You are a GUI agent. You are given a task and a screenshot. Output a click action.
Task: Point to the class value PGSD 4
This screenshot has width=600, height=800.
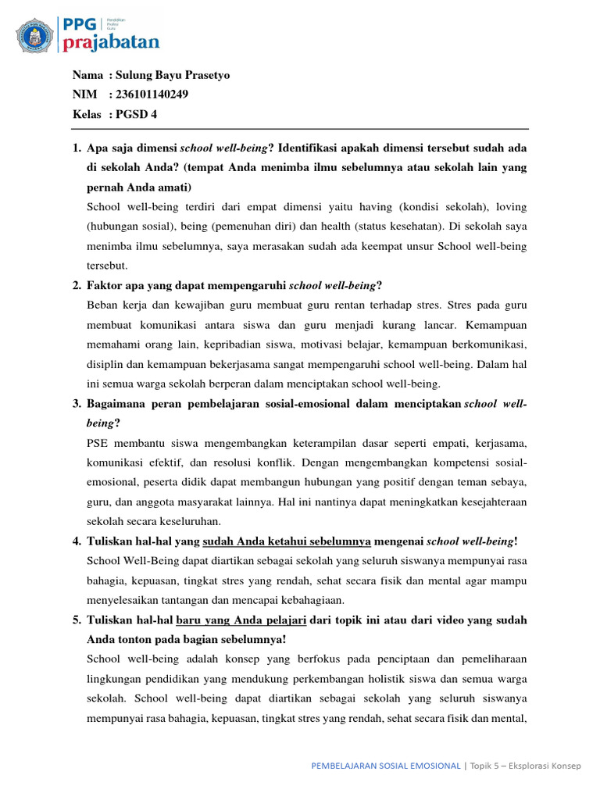[x=137, y=114]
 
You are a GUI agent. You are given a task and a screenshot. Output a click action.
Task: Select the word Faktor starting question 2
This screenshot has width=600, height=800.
[x=107, y=285]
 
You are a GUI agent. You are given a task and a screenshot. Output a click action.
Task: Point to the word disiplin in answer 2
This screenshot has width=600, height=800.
[x=105, y=363]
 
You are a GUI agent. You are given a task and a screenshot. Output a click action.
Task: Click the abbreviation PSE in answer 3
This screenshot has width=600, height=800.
[x=99, y=442]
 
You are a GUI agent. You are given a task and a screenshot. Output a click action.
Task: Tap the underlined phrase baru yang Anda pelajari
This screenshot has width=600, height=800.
[x=242, y=620]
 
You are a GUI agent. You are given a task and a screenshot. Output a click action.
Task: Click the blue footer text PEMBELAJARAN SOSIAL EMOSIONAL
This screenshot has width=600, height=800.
[x=385, y=766]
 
